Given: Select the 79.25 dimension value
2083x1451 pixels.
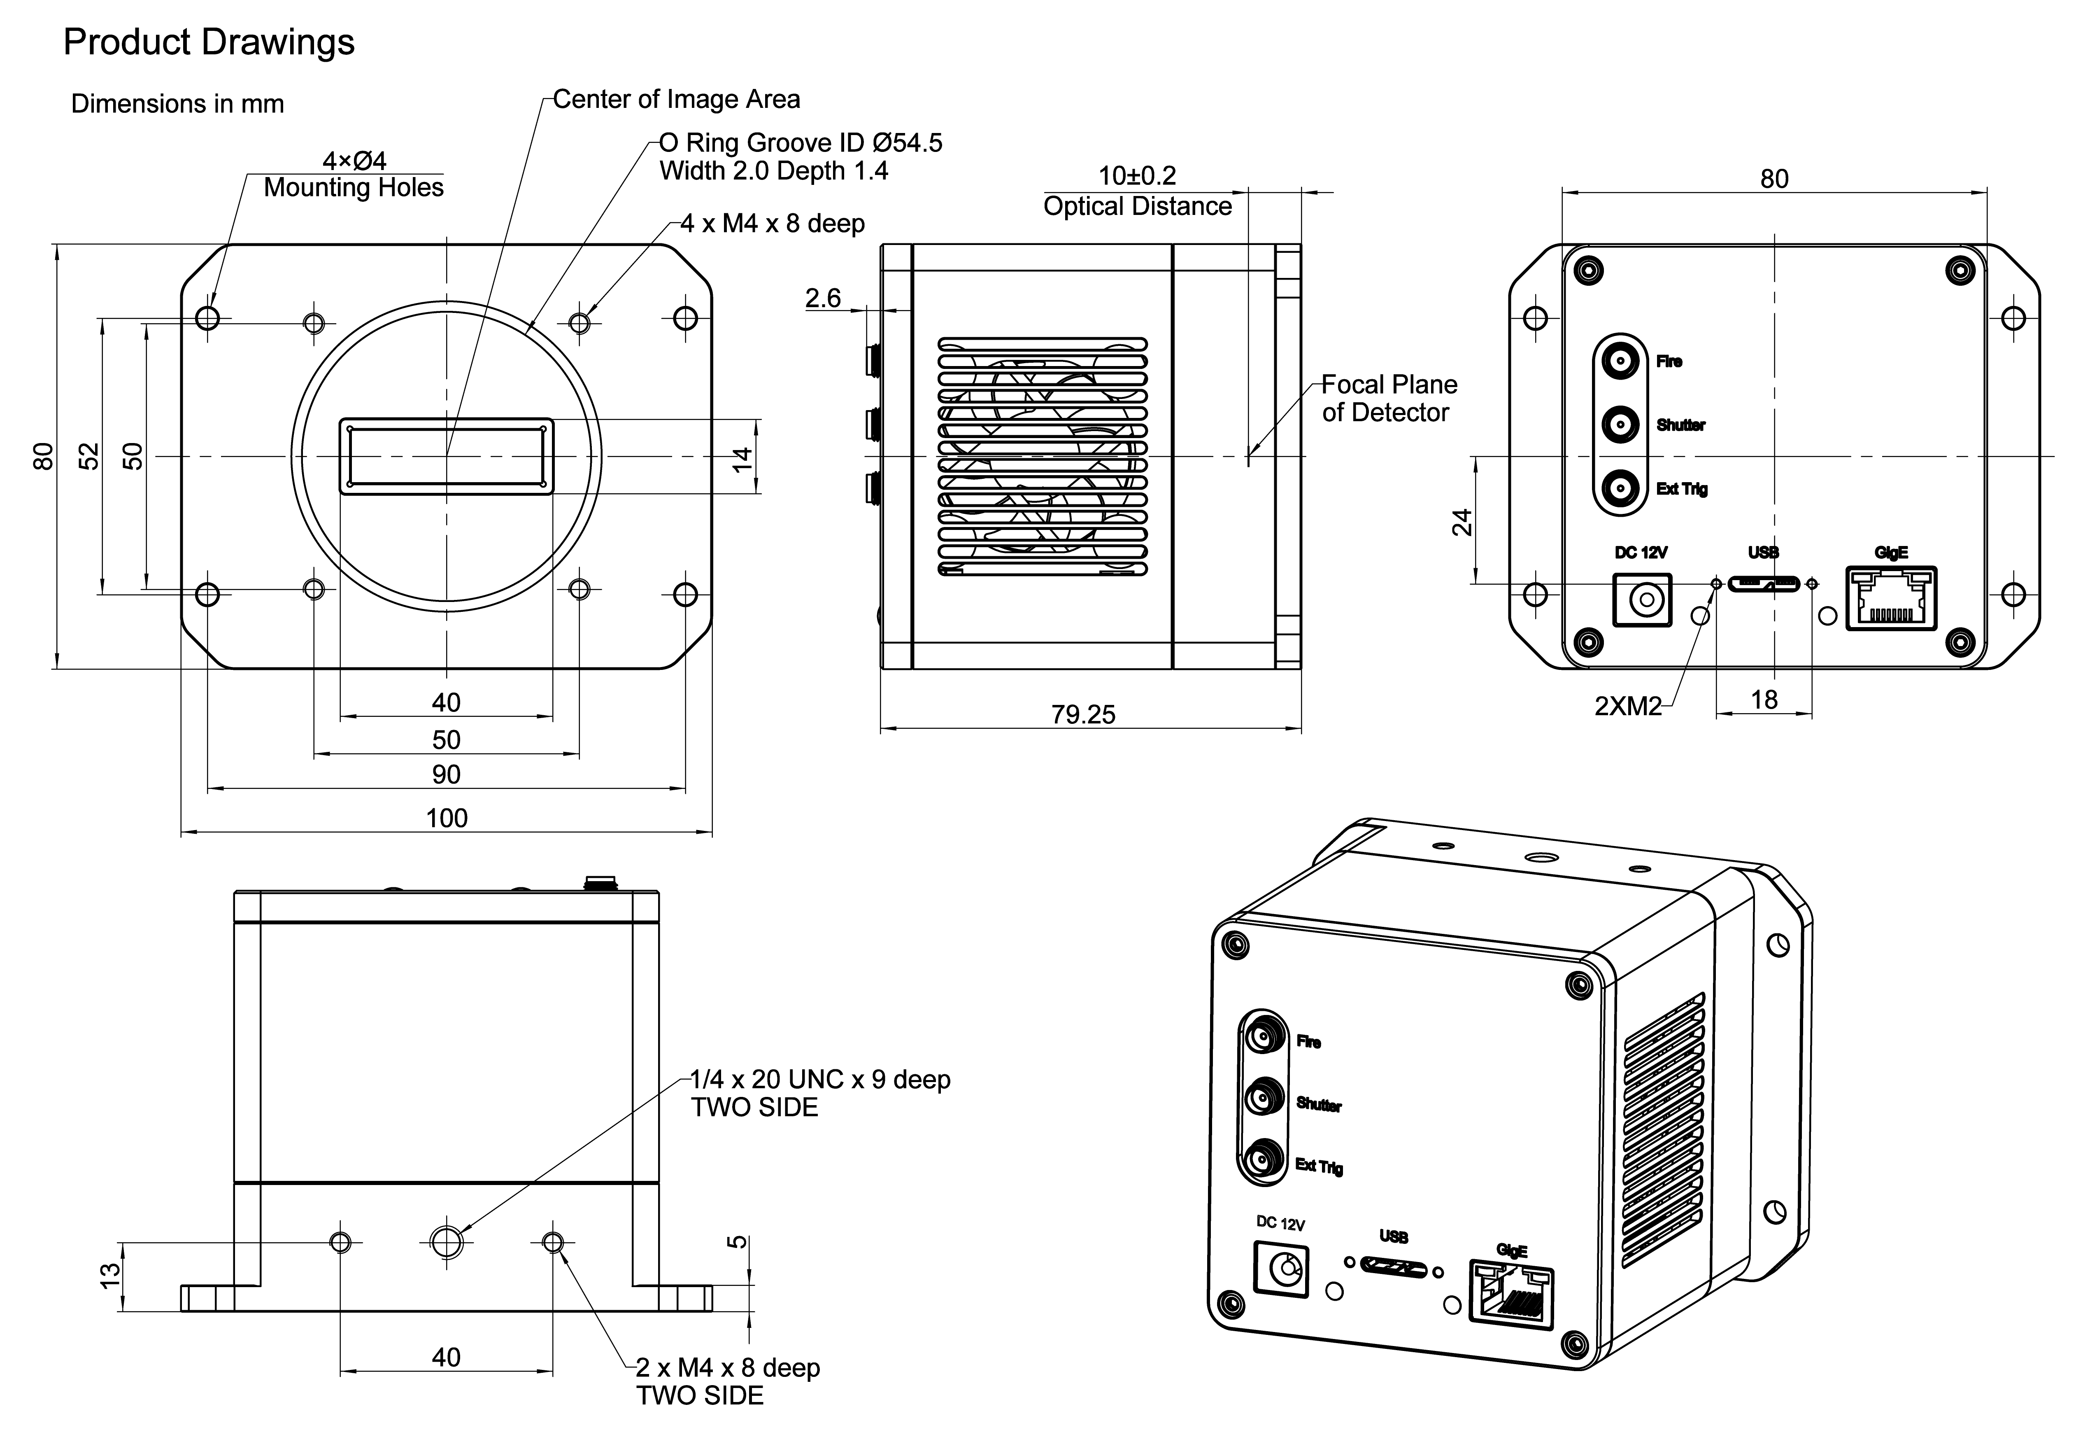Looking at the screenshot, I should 1083,715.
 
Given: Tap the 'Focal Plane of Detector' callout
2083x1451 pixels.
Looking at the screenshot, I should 1388,399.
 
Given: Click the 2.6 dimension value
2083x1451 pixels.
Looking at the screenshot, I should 823,299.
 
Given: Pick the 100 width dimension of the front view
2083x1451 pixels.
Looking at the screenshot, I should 446,819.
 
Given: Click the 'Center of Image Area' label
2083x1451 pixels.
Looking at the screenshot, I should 676,99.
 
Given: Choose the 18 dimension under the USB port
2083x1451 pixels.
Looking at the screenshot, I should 1764,700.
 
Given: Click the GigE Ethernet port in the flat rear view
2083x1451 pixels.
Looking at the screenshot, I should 1891,598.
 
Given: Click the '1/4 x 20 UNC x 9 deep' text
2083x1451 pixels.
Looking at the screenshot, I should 820,1080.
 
